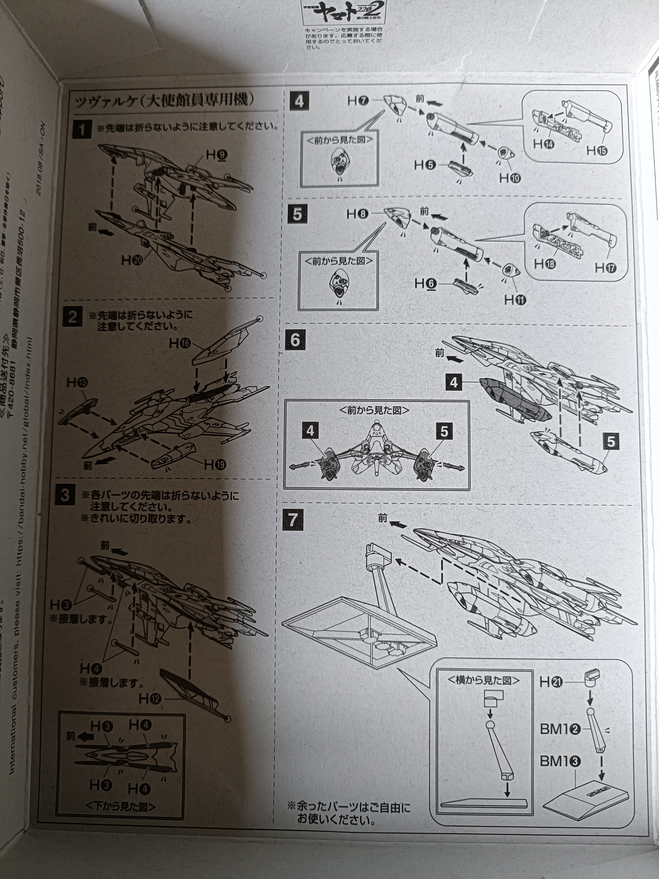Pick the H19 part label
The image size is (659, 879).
click(215, 465)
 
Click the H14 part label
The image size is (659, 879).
click(544, 144)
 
